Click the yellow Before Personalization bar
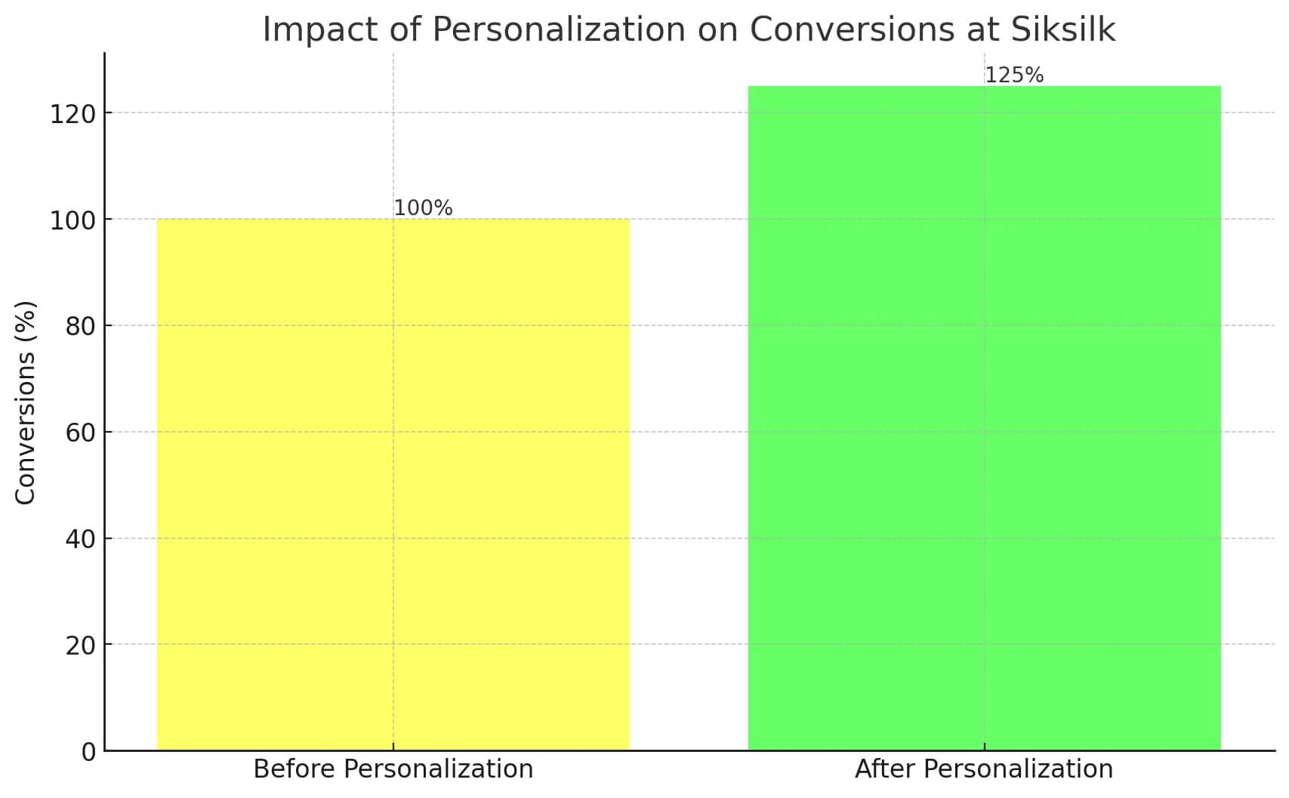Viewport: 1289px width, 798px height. pos(393,484)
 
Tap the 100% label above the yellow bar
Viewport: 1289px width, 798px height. pos(423,208)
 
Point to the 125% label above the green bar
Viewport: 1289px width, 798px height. pos(1014,75)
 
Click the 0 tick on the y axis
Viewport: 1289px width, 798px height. pos(89,751)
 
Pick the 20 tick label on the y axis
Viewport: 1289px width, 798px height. pos(81,645)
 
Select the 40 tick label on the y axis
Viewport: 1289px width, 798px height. pos(81,539)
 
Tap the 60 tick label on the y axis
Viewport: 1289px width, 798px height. pos(81,433)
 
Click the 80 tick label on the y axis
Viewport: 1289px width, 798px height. pos(81,326)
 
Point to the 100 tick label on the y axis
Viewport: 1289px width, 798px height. pos(72,220)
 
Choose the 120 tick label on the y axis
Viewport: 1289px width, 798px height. pos(72,114)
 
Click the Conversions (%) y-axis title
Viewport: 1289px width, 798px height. pos(26,402)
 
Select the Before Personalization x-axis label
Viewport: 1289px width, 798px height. pos(393,769)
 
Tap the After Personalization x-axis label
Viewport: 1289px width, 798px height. pos(984,769)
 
